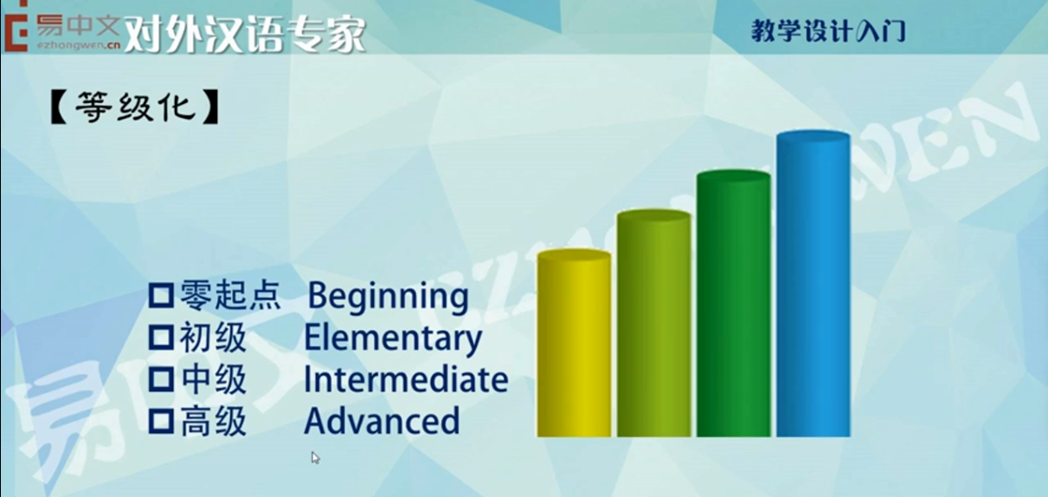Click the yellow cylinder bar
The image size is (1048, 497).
pos(574,343)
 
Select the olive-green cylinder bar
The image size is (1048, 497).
pos(653,323)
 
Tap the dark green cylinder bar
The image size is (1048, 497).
pos(734,303)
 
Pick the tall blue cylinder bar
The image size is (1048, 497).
pos(813,284)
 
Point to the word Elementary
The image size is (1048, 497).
pos(393,339)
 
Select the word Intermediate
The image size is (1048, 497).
pos(406,379)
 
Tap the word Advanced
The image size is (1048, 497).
pos(382,421)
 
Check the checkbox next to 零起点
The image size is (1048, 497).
pos(162,295)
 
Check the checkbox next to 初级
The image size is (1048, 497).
pos(162,338)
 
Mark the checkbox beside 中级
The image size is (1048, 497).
pos(162,379)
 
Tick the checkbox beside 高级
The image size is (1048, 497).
pos(162,421)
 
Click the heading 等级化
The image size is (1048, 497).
pos(135,107)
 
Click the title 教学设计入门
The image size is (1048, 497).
pos(828,31)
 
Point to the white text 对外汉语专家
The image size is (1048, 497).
pos(245,34)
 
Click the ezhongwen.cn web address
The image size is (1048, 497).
pos(79,45)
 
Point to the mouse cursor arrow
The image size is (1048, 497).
pos(315,457)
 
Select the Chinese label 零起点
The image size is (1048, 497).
pos(230,295)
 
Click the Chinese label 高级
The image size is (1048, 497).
pos(214,421)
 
